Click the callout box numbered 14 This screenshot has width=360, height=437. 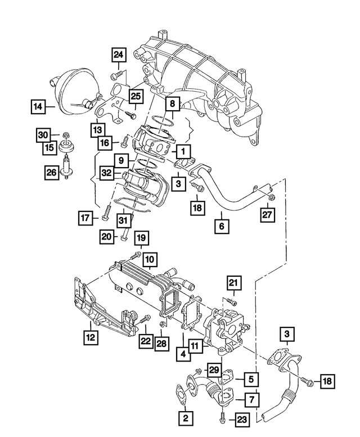38,105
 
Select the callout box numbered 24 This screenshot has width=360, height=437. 119,55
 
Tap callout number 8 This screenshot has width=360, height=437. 172,104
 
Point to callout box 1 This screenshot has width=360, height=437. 183,151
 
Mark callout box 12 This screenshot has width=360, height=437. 89,337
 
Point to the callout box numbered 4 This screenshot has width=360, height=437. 183,354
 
